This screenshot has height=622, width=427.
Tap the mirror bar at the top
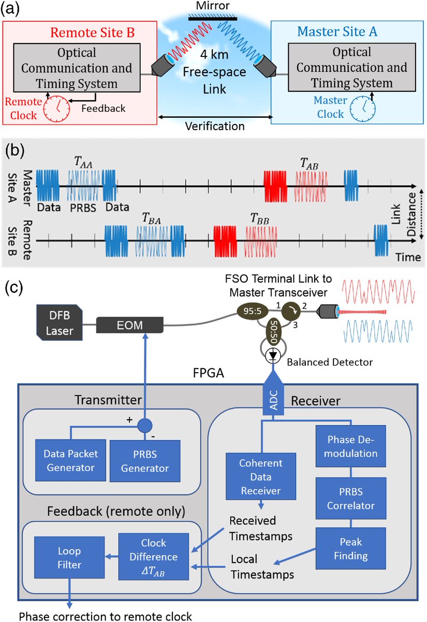[213, 18]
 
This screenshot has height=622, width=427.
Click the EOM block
[130, 326]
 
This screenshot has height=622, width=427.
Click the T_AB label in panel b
[308, 164]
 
